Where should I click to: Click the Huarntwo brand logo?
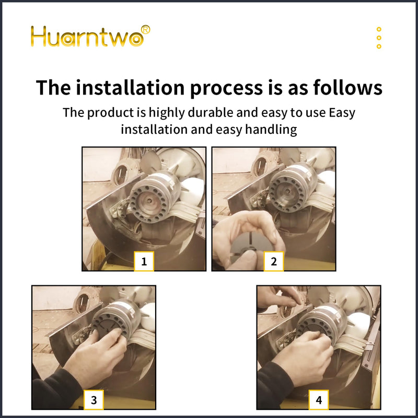click(x=90, y=36)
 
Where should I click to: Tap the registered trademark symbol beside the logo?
click(x=145, y=29)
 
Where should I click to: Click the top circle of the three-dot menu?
click(x=379, y=29)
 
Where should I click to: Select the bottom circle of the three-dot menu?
click(x=379, y=47)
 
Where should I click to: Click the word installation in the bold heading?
click(x=130, y=87)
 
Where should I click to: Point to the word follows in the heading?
click(x=347, y=87)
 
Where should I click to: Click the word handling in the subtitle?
click(x=271, y=130)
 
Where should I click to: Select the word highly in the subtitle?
click(x=166, y=113)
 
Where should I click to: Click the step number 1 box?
click(x=144, y=261)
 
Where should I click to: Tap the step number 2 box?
click(x=274, y=261)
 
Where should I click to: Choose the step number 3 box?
click(x=94, y=400)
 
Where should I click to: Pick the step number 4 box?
click(x=319, y=400)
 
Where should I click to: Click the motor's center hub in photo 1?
click(x=149, y=201)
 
